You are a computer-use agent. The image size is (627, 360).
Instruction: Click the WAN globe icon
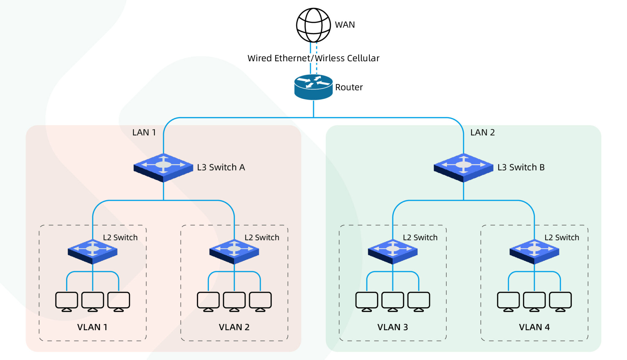pyautogui.click(x=313, y=25)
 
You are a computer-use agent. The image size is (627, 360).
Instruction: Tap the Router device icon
pyautogui.click(x=313, y=87)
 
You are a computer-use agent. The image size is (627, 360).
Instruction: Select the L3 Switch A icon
pyautogui.click(x=163, y=167)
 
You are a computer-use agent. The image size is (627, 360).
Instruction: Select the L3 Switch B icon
pyautogui.click(x=463, y=167)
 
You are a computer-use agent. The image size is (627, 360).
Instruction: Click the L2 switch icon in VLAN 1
pyautogui.click(x=92, y=251)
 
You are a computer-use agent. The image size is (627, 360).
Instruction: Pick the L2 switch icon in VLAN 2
pyautogui.click(x=234, y=251)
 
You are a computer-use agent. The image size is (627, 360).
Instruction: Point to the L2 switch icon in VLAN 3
pyautogui.click(x=392, y=251)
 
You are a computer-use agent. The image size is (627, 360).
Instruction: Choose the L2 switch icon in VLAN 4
pyautogui.click(x=534, y=251)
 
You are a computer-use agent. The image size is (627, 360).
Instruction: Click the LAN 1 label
pyautogui.click(x=144, y=133)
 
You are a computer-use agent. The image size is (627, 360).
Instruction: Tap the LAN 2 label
pyautogui.click(x=482, y=133)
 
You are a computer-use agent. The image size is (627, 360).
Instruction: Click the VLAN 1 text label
pyautogui.click(x=92, y=327)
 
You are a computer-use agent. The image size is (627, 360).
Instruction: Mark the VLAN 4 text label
pyautogui.click(x=534, y=327)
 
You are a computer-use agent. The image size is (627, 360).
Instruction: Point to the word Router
pyautogui.click(x=349, y=88)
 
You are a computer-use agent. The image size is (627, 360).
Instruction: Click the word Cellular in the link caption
pyautogui.click(x=363, y=58)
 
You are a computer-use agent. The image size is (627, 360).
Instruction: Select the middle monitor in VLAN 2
pyautogui.click(x=234, y=301)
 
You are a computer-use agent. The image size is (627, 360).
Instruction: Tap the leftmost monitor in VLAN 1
pyautogui.click(x=66, y=301)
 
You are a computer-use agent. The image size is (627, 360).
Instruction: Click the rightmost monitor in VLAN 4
pyautogui.click(x=560, y=301)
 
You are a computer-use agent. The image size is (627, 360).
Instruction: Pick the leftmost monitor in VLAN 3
pyautogui.click(x=366, y=301)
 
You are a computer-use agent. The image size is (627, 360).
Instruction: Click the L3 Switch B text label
pyautogui.click(x=521, y=167)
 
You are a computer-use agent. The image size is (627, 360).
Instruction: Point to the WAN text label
pyautogui.click(x=345, y=25)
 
